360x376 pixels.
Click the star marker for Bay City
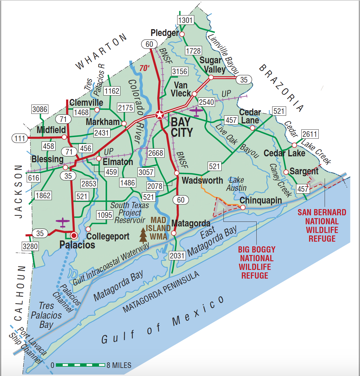(160, 115)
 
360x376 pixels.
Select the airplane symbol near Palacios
(63, 222)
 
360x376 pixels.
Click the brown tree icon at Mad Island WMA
(143, 235)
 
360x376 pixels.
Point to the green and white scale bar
(80, 365)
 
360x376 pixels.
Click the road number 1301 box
(186, 20)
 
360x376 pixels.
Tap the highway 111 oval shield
(20, 138)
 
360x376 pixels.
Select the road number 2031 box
(177, 256)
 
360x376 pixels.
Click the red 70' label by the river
(144, 68)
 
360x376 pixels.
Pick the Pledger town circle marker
(182, 34)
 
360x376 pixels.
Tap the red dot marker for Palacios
(74, 235)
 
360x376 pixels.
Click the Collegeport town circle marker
(88, 229)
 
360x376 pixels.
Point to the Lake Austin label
(236, 184)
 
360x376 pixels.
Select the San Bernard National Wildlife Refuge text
(322, 226)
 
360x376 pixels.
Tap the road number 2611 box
(310, 134)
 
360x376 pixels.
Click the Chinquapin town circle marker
(243, 207)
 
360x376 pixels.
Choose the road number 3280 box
(30, 246)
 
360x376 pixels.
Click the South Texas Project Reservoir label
(130, 213)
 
